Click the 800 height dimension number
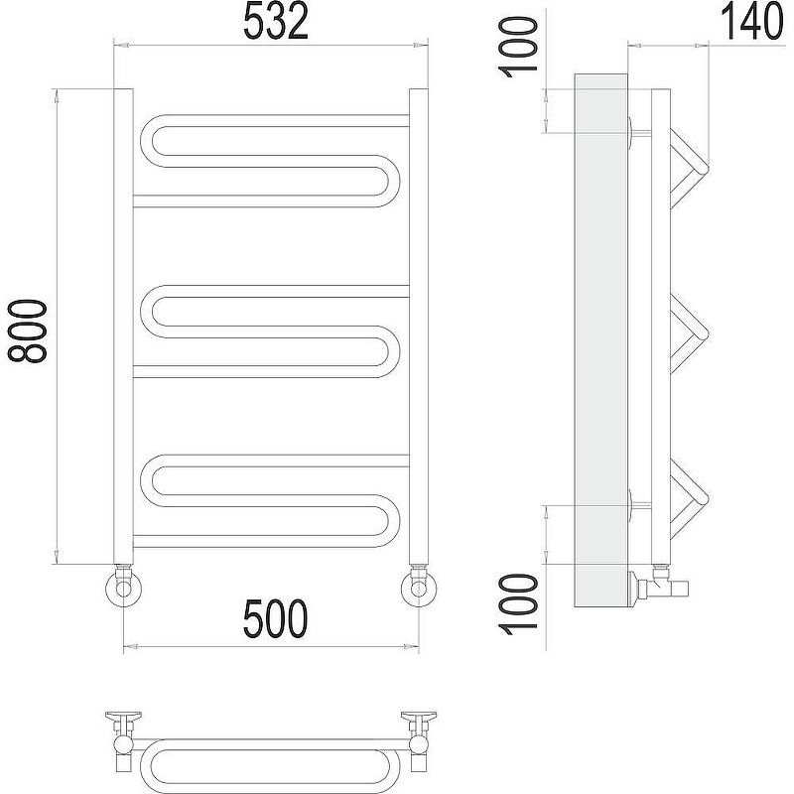[27, 331]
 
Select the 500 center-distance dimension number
[276, 618]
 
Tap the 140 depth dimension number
[751, 22]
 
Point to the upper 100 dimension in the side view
[519, 47]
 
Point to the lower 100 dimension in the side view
[519, 603]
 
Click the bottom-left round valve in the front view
[123, 589]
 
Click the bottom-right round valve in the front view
[419, 589]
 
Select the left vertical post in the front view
[123, 327]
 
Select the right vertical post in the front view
[419, 327]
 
